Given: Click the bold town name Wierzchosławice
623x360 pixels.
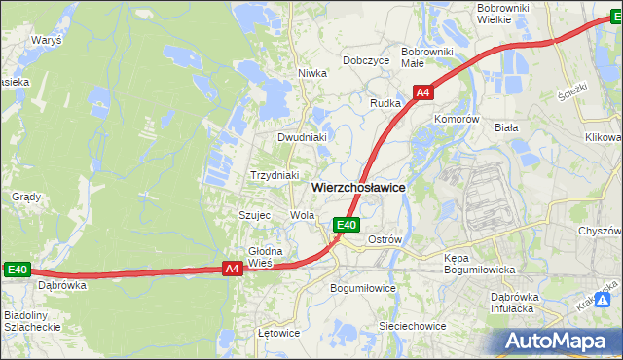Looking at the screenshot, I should (x=358, y=186).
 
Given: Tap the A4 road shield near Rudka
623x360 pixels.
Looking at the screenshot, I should (x=422, y=92).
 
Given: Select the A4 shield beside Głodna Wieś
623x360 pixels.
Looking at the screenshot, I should (x=232, y=269).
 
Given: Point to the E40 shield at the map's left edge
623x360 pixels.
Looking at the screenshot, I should (x=18, y=270).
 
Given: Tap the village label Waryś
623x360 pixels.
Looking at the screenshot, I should (x=47, y=42).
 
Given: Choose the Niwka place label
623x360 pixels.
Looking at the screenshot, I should (x=311, y=73).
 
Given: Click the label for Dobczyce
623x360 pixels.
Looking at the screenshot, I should (x=366, y=60).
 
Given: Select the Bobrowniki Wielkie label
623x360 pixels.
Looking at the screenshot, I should (x=502, y=14).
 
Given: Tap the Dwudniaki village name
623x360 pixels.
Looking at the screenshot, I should (x=301, y=137).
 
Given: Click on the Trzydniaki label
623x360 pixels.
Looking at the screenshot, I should (x=275, y=175).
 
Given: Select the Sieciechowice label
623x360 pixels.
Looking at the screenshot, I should (x=413, y=326).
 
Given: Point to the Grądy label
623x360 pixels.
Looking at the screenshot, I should (x=26, y=197).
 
